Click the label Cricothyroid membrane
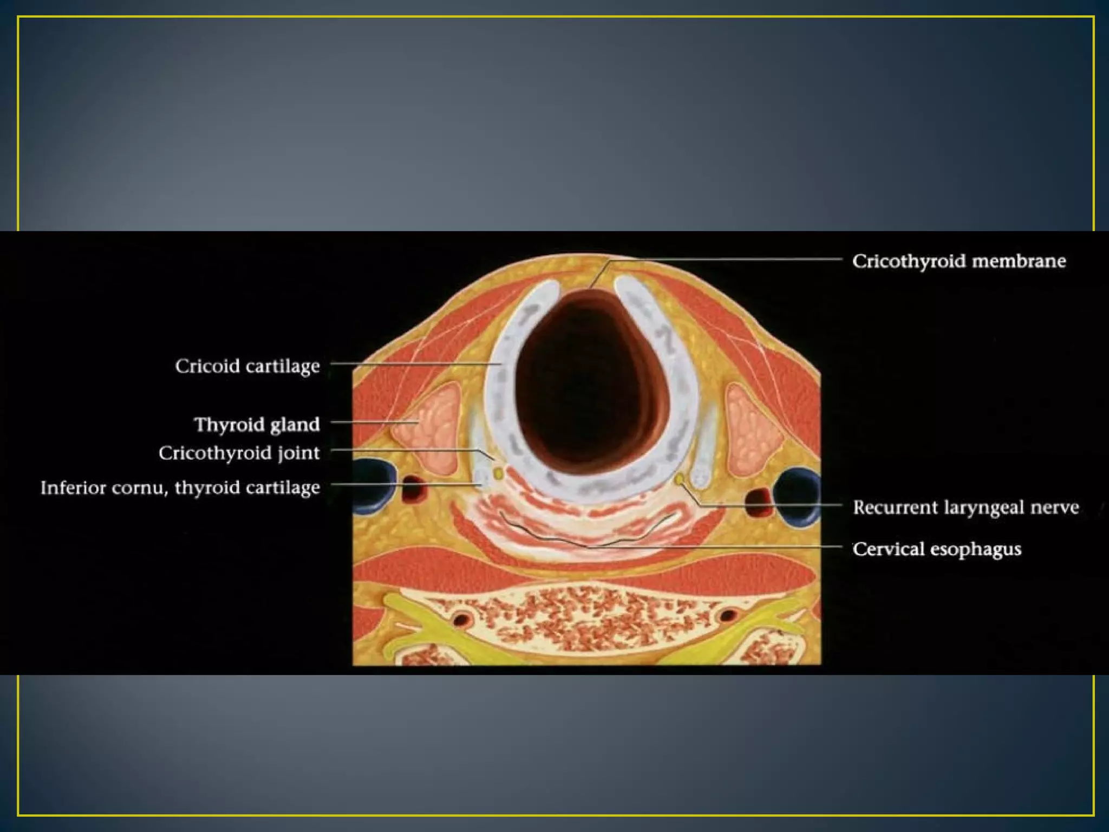tap(958, 261)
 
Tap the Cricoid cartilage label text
tap(247, 366)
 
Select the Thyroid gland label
tap(257, 424)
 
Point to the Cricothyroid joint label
tap(239, 453)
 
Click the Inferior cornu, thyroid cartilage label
tap(180, 487)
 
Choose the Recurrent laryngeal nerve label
tap(966, 508)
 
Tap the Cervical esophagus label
tap(937, 549)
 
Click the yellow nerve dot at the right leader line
tap(680, 479)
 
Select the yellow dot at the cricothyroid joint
tap(498, 474)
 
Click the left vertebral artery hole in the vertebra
tap(462, 619)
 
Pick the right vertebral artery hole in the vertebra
tap(727, 615)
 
